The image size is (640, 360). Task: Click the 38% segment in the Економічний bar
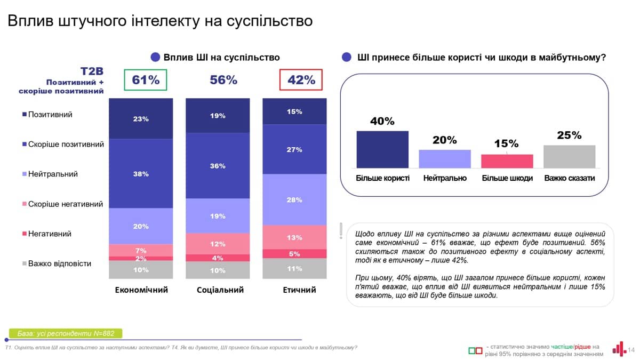coord(141,173)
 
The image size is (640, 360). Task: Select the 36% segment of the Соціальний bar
coord(218,165)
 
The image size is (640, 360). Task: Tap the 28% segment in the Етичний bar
coord(294,199)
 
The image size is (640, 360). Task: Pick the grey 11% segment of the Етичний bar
coord(294,268)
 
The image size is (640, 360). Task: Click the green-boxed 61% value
coord(146,80)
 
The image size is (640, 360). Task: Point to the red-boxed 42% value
coord(301,80)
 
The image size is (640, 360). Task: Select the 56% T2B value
coord(223,80)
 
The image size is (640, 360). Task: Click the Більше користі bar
coord(382,149)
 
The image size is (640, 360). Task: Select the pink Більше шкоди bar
coord(507,161)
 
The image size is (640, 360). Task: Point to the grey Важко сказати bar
coord(569,157)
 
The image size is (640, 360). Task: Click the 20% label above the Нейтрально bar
coord(444,140)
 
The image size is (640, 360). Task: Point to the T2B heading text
coord(92,71)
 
